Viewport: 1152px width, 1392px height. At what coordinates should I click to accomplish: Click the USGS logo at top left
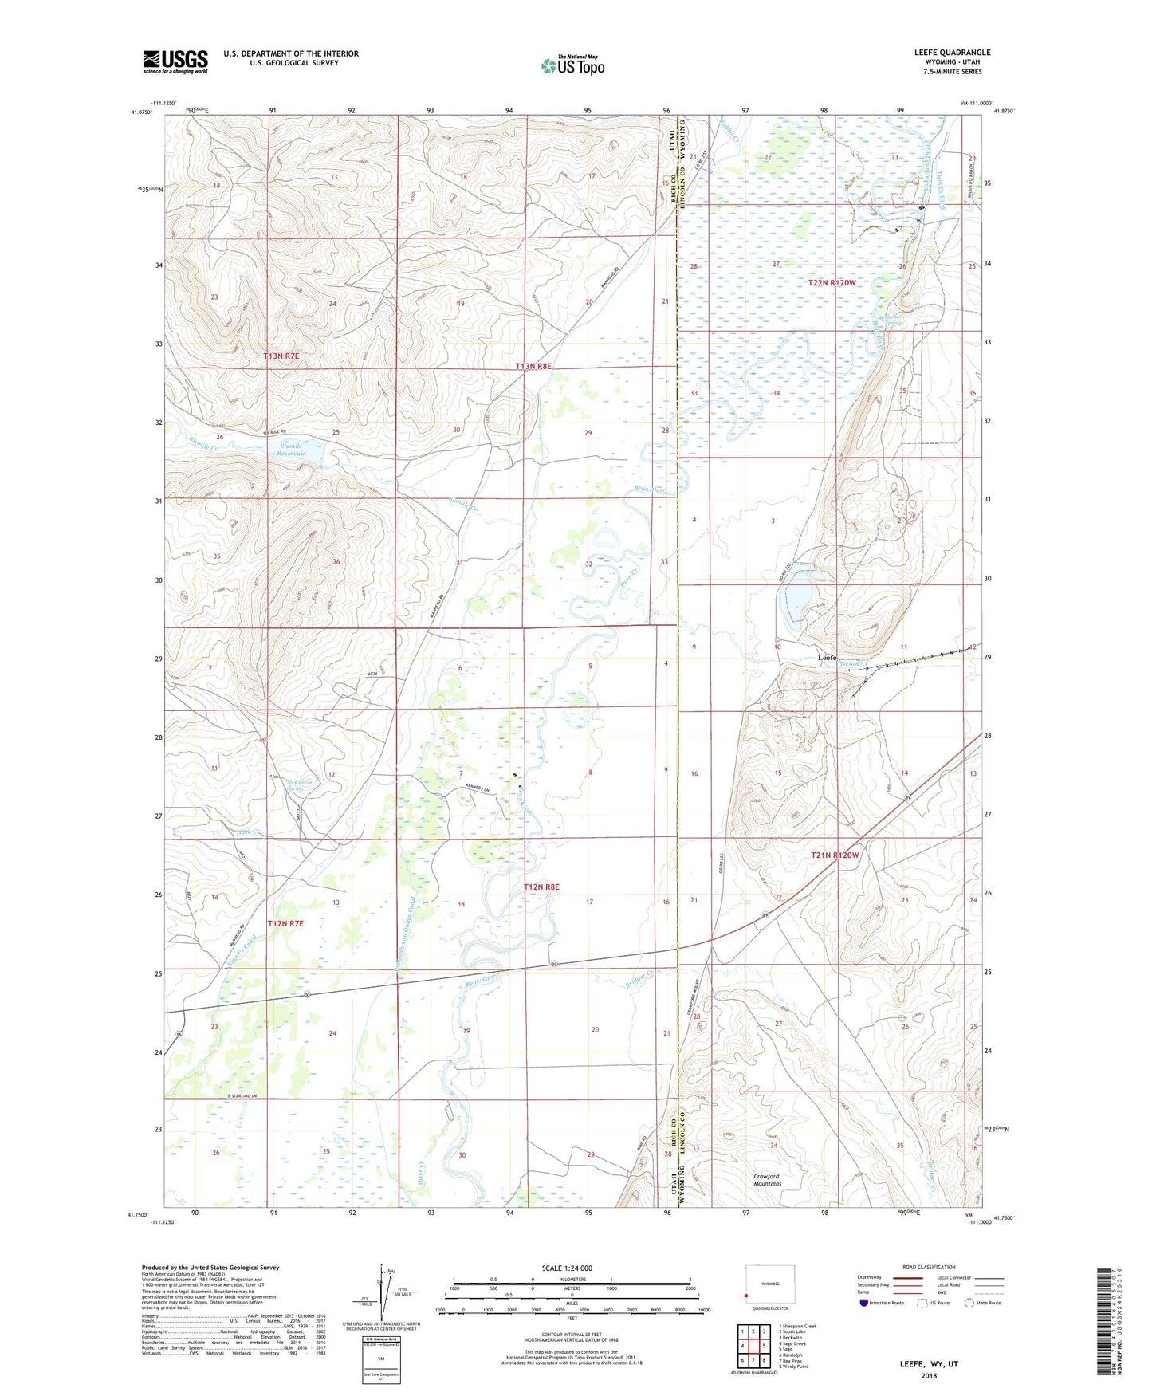pyautogui.click(x=175, y=61)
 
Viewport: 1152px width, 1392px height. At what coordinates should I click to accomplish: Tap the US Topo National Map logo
pyautogui.click(x=572, y=65)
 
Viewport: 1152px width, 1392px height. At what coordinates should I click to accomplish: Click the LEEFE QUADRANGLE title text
pyautogui.click(x=952, y=53)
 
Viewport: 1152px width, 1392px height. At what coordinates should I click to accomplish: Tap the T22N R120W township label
pyautogui.click(x=832, y=283)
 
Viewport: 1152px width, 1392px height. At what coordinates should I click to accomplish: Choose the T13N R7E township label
pyautogui.click(x=281, y=355)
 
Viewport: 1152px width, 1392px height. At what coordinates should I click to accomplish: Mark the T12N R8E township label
pyautogui.click(x=541, y=887)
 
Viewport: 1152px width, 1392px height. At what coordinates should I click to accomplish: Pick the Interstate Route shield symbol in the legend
pyautogui.click(x=864, y=1302)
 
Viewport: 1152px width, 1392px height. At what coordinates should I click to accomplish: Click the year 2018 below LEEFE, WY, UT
pyautogui.click(x=929, y=1375)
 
